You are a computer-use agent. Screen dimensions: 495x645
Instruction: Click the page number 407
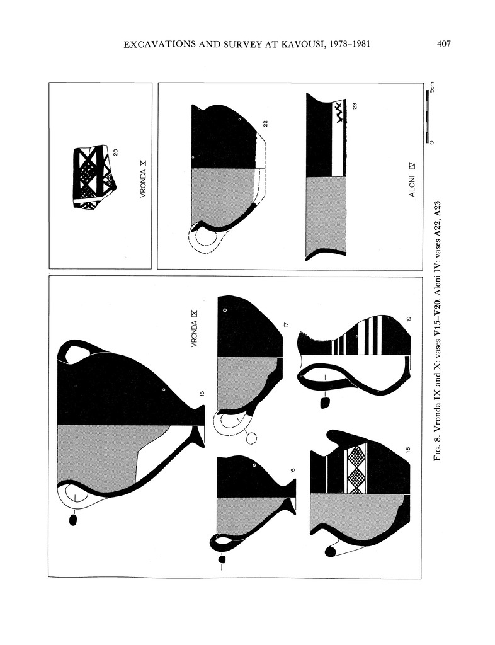click(x=443, y=43)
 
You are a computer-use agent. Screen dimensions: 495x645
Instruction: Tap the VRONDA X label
click(x=143, y=180)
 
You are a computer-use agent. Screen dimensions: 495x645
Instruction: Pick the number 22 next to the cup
click(x=266, y=124)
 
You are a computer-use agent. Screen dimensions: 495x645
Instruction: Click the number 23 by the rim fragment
click(x=355, y=106)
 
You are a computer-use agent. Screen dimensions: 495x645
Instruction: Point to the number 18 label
click(x=408, y=450)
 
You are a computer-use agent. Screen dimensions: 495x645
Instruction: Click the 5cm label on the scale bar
click(x=432, y=88)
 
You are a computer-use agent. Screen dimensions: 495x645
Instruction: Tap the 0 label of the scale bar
click(x=431, y=142)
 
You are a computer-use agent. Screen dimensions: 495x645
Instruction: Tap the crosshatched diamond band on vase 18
click(x=356, y=469)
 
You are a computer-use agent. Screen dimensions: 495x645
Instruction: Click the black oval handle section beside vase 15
click(x=74, y=520)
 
